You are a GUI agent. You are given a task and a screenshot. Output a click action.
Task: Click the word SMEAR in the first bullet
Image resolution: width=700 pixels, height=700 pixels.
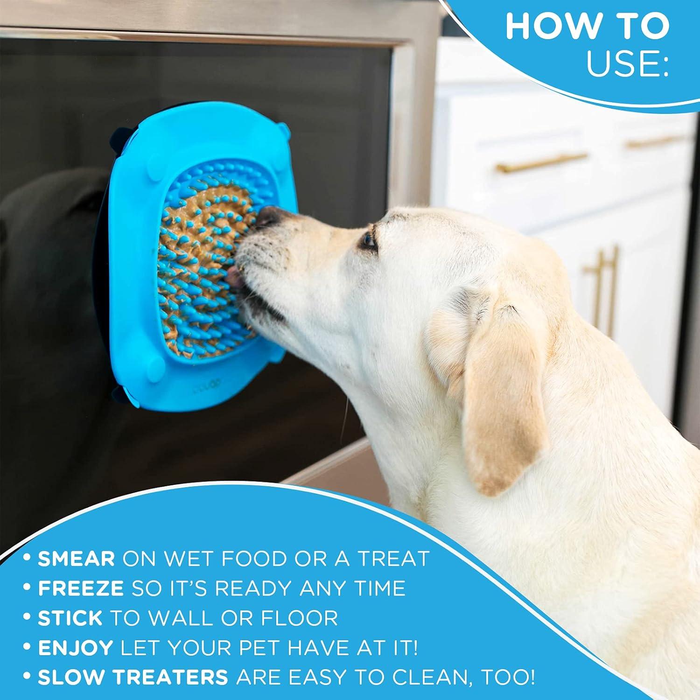click(76, 558)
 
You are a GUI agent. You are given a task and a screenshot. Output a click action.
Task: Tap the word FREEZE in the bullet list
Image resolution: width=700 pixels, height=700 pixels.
click(81, 588)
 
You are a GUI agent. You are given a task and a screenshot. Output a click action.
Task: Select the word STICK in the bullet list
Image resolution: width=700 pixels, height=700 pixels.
click(70, 618)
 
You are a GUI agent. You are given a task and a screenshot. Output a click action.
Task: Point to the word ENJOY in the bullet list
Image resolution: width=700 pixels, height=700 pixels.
click(75, 648)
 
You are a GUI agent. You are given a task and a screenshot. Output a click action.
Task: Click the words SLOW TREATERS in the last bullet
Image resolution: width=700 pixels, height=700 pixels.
click(133, 678)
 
